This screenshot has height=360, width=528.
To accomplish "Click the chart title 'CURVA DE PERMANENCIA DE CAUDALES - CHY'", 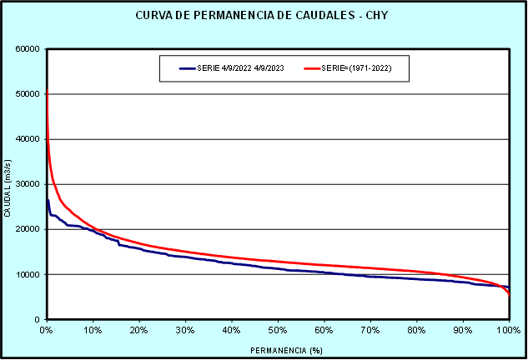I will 264,16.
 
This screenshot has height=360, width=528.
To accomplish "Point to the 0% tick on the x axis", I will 47,330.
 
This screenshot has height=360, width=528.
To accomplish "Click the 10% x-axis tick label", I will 93,330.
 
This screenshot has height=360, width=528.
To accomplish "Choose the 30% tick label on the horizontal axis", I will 186,330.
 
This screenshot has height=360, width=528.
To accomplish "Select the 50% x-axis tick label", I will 279,330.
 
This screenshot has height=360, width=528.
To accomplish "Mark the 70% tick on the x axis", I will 371,330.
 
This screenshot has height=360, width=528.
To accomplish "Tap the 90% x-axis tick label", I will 463,330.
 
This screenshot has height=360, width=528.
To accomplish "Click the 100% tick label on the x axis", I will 508,330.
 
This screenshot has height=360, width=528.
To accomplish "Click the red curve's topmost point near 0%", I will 47,89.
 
